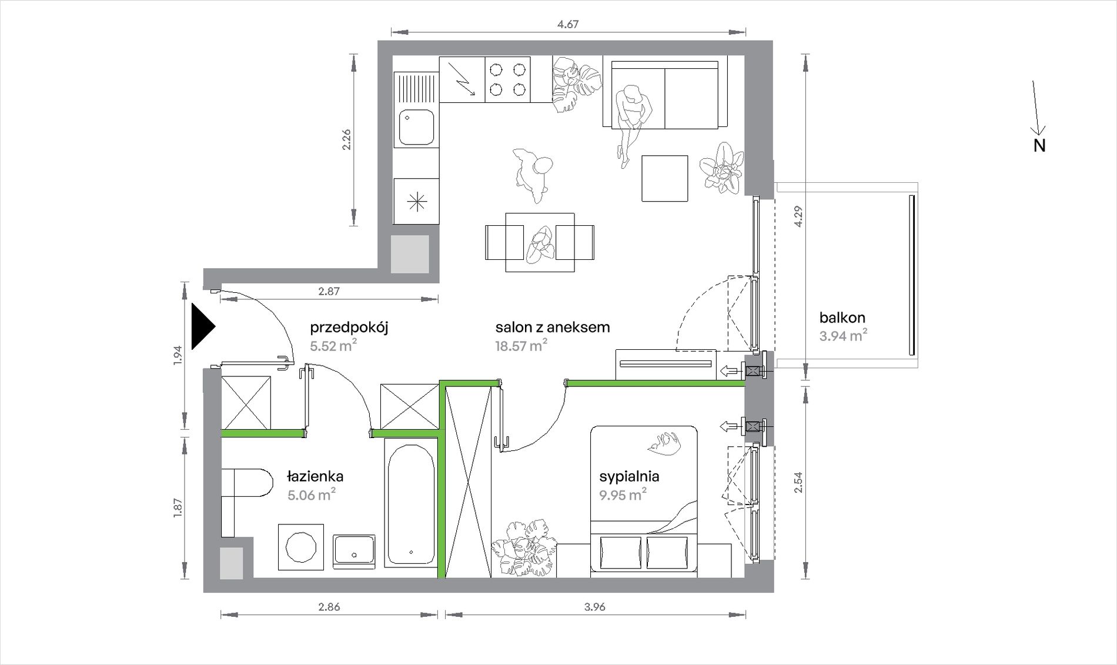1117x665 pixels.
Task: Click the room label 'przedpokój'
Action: [349, 328]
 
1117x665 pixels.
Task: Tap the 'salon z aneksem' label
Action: [553, 327]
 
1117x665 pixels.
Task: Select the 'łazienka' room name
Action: [315, 476]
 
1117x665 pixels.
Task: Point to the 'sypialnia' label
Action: [629, 476]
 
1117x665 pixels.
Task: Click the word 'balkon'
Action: [842, 318]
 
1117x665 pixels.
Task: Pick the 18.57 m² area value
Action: [521, 345]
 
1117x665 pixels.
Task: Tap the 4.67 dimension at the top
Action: [568, 24]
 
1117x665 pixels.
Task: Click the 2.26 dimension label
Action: [346, 139]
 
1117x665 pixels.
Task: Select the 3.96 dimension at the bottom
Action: [595, 607]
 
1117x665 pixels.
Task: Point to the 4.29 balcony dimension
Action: [798, 216]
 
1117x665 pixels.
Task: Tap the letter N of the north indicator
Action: [1039, 145]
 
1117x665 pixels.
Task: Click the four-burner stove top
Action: [508, 80]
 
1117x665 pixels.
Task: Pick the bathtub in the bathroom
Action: [411, 506]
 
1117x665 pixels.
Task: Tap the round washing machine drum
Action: [300, 547]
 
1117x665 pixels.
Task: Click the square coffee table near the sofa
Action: [665, 179]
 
